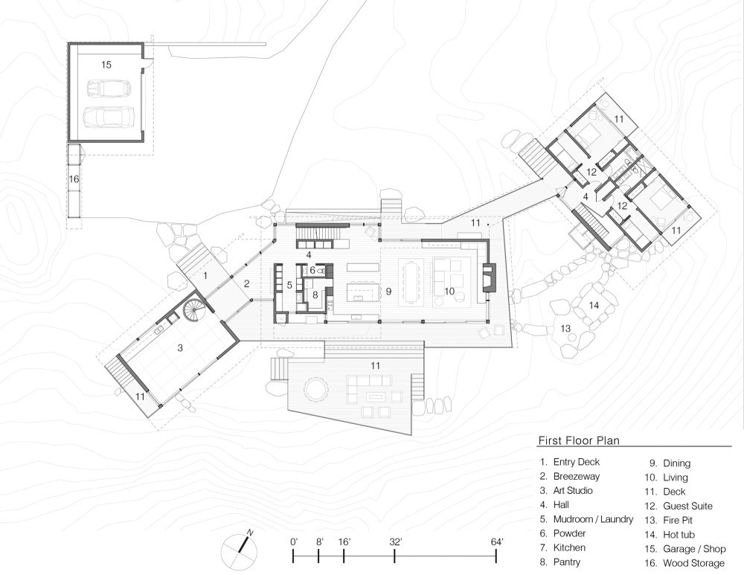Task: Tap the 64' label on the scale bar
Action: coord(497,542)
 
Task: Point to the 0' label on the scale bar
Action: coord(294,542)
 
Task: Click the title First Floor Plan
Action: coord(579,440)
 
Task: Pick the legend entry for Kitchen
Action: coord(569,547)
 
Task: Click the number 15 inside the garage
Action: coord(106,65)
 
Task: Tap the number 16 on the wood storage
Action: coord(74,179)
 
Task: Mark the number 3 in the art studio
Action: coord(179,347)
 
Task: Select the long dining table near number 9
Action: coord(411,280)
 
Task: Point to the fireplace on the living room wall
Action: coord(488,278)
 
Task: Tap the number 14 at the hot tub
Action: coord(593,305)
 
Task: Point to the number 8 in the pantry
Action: coord(315,295)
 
